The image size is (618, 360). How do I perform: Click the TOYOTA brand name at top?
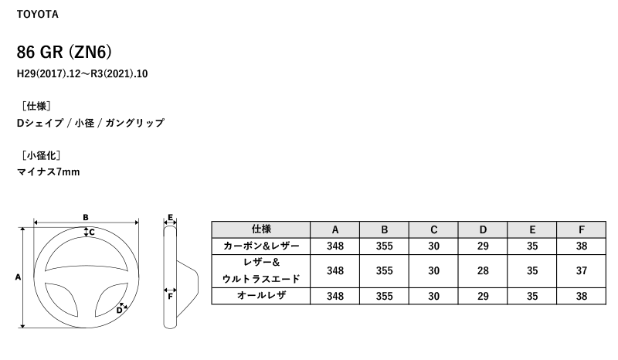point(37,15)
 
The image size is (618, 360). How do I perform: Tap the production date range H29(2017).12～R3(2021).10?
point(82,75)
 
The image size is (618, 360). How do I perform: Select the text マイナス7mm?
point(48,172)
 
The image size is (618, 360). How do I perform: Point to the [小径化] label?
point(39,155)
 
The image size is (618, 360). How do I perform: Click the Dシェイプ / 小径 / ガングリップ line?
point(90,123)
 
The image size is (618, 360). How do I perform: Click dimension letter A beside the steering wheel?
point(17,276)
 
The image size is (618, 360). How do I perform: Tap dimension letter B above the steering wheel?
point(86,217)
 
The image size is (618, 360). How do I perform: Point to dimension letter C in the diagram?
point(91,232)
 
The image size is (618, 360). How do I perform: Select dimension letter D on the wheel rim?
point(119,310)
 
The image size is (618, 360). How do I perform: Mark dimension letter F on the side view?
point(170,294)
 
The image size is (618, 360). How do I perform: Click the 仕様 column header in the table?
point(261,229)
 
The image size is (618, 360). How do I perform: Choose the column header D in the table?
point(483,229)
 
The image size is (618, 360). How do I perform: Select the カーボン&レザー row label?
point(261,246)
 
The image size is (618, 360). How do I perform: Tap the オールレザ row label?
point(261,296)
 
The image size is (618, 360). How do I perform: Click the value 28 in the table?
point(483,271)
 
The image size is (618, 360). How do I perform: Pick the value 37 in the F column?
point(582,271)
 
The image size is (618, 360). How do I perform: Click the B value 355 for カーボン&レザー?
point(384,246)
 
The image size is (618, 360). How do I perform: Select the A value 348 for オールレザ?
point(334,296)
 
